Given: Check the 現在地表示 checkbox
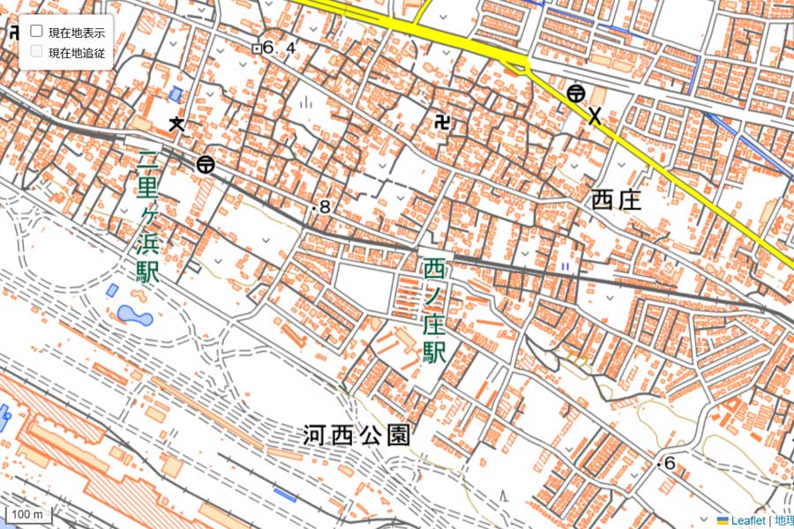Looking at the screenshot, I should [37, 32].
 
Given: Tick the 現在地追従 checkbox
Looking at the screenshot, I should [37, 52].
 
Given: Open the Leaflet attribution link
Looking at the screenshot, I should [746, 521].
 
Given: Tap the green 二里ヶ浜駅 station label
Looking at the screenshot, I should [147, 217].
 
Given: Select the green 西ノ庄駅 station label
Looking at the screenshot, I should [433, 310].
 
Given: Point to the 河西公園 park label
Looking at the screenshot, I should [357, 435].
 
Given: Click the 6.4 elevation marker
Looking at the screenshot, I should [274, 48].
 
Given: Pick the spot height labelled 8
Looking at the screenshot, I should [321, 208].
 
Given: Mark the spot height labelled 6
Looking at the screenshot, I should [666, 464].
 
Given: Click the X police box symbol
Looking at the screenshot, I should [595, 115].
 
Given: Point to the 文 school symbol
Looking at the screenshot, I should [177, 123].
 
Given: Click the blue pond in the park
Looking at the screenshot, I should [134, 315].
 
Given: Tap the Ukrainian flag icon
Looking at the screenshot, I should [723, 521].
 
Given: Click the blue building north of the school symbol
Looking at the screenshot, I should [176, 93].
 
